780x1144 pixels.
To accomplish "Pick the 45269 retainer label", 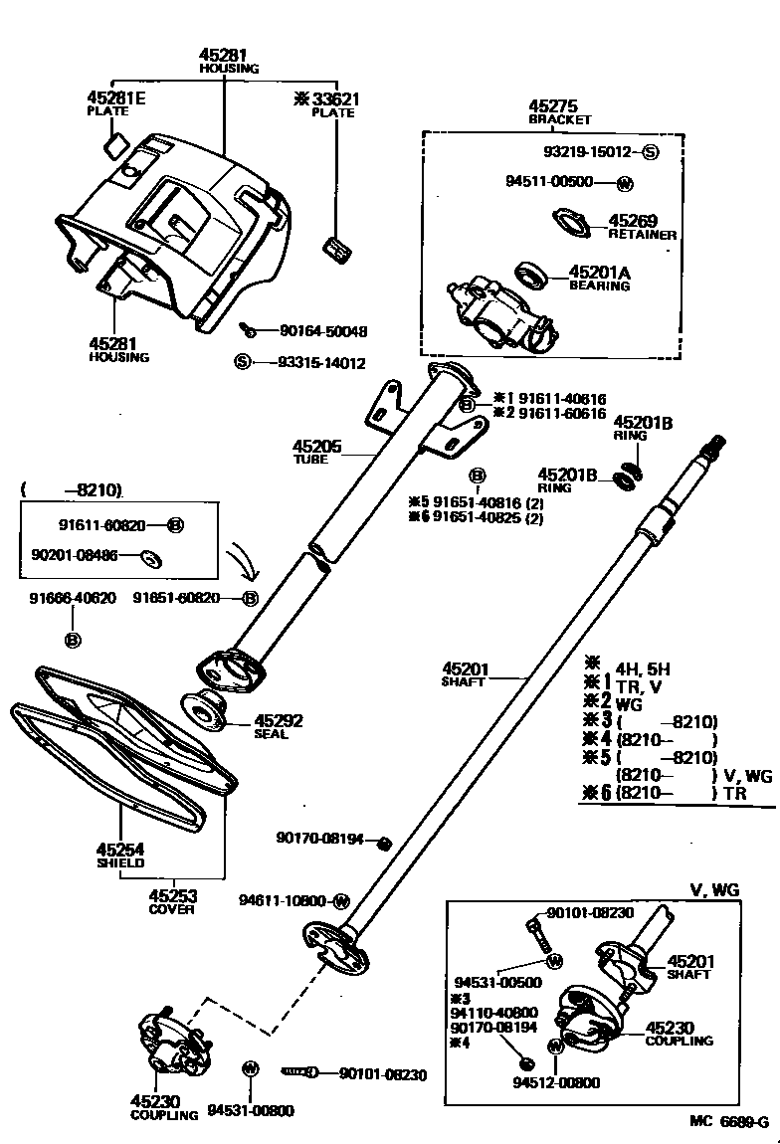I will (x=634, y=221).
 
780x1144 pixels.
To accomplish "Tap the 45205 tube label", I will (x=317, y=447).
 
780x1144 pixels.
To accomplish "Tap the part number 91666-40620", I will (x=73, y=598).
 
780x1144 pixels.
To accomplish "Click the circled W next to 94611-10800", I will (x=341, y=901).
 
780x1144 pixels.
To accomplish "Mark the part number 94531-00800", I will (x=250, y=1111).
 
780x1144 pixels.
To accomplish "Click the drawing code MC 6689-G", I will (x=729, y=1122).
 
